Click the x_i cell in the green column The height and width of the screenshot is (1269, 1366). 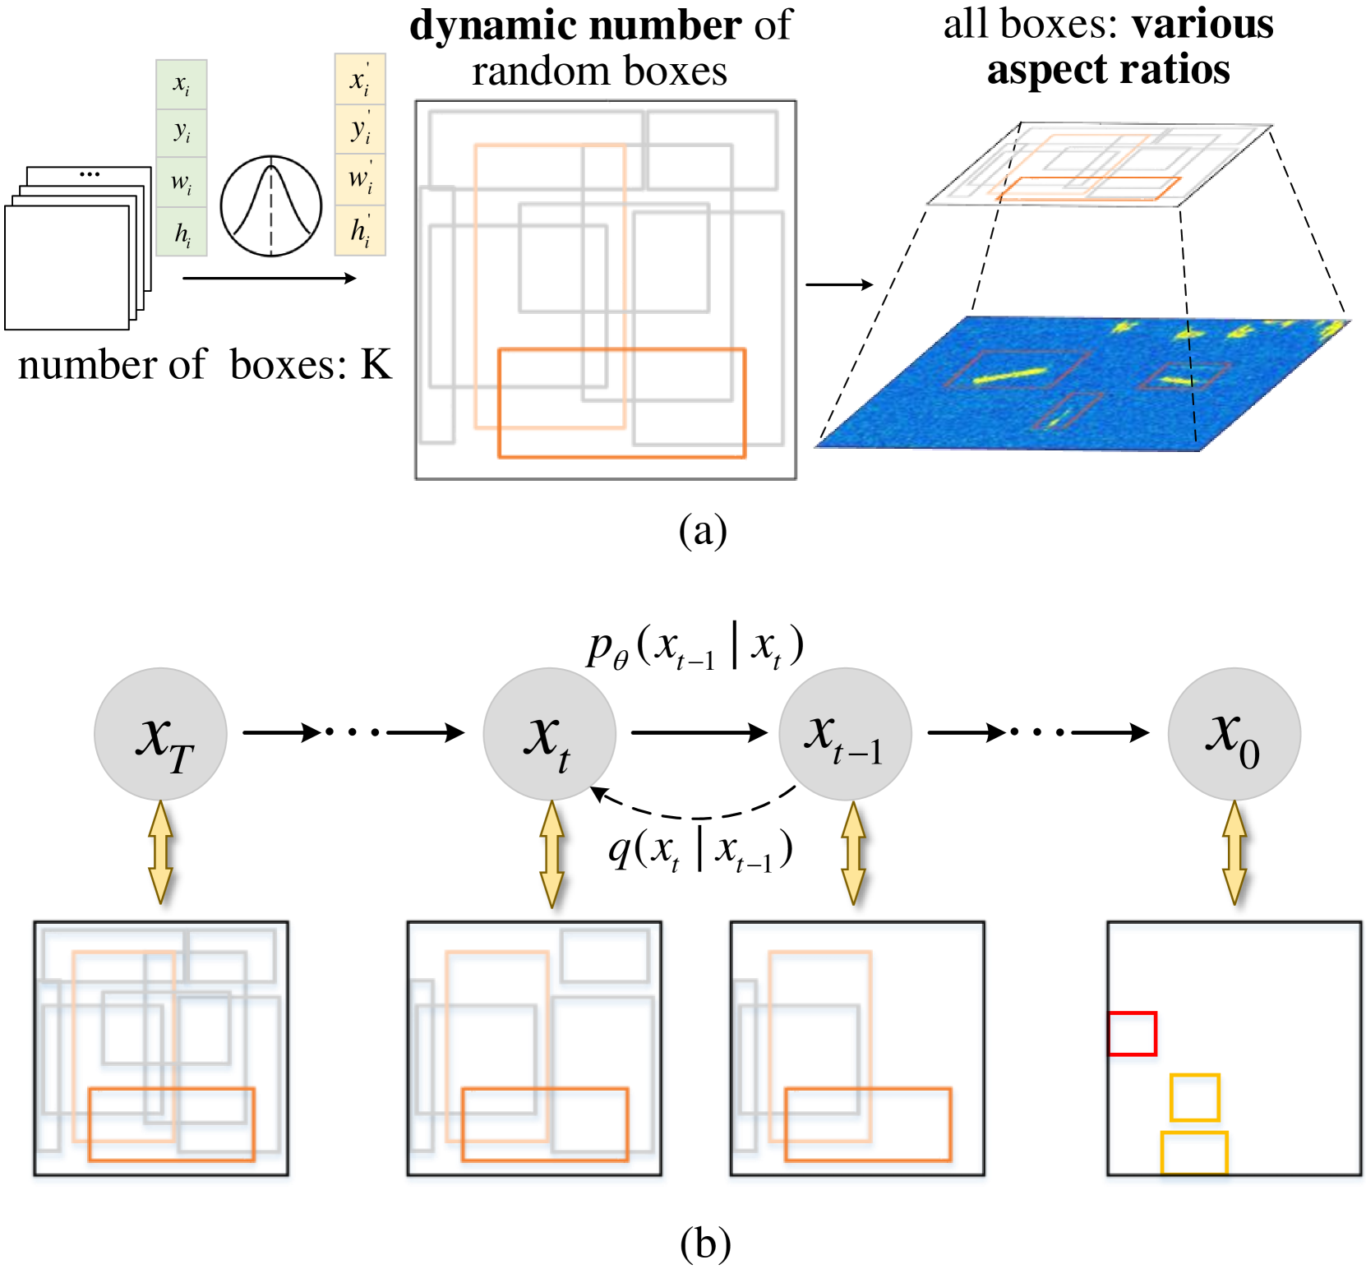182,84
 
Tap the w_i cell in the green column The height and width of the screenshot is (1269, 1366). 182,182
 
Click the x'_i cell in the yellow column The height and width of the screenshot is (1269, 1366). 360,80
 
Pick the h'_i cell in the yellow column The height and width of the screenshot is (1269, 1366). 360,231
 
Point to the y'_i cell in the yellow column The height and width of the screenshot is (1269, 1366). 360,129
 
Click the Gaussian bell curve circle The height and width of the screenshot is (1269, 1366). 270,206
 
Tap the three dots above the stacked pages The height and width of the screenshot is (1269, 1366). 89,175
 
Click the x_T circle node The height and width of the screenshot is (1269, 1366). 160,734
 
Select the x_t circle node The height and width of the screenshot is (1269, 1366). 549,734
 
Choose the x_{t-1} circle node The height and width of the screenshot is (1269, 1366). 845,734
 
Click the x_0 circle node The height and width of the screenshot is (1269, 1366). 1234,734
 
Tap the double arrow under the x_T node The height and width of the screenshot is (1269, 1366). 160,853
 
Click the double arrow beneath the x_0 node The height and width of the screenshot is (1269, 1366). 1234,853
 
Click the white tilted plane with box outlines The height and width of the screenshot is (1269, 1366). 1101,164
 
